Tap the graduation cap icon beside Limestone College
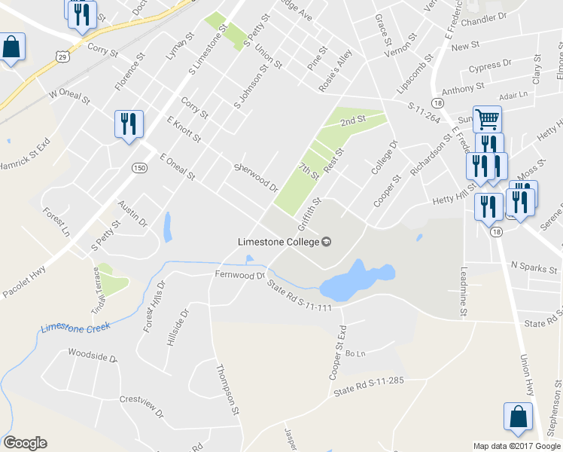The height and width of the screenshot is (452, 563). pyautogui.click(x=327, y=242)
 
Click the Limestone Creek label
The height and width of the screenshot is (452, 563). pyautogui.click(x=75, y=328)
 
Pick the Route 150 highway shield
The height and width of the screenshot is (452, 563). pyautogui.click(x=138, y=166)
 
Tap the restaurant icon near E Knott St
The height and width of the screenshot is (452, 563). pyautogui.click(x=128, y=124)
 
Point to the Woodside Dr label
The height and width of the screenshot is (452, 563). pyautogui.click(x=93, y=354)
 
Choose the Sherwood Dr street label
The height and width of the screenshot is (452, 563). pyautogui.click(x=256, y=178)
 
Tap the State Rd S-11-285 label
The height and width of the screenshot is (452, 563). pyautogui.click(x=369, y=386)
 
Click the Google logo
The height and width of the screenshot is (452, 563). pyautogui.click(x=25, y=443)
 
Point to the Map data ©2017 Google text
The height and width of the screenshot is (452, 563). pyautogui.click(x=516, y=446)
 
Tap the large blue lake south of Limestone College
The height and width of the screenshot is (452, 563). pyautogui.click(x=354, y=282)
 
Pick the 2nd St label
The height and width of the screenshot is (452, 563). pyautogui.click(x=352, y=120)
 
